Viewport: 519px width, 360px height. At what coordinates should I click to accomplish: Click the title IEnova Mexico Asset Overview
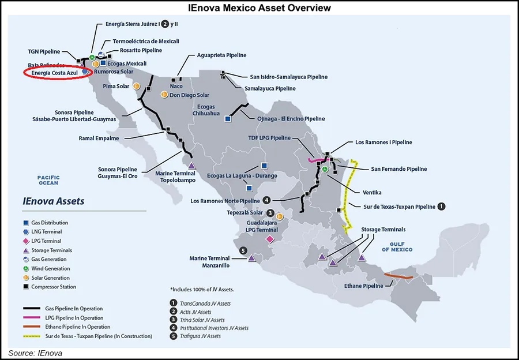point(259,7)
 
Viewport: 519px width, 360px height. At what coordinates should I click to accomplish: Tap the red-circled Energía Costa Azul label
point(54,73)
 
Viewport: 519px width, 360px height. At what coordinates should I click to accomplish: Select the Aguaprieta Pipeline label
point(221,55)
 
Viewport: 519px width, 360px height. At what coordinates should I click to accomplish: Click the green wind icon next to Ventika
point(325,169)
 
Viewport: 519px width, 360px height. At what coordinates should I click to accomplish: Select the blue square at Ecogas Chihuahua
point(228,119)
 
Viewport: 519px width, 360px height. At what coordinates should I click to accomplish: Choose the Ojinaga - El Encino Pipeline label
point(289,119)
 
